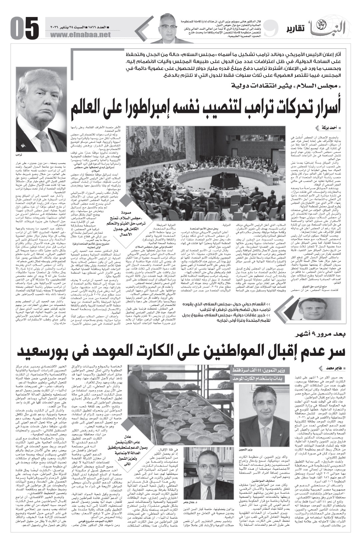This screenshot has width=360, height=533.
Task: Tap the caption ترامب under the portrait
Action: [19, 155]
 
